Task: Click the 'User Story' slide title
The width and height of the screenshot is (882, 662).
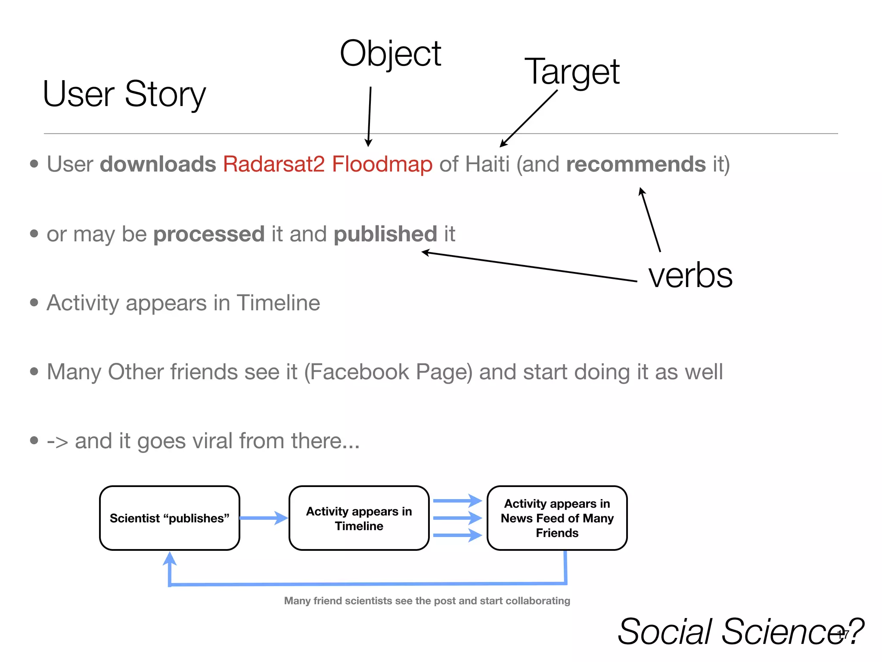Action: [124, 94]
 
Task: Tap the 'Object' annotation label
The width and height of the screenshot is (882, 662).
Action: [390, 54]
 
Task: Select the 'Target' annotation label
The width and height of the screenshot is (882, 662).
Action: [571, 72]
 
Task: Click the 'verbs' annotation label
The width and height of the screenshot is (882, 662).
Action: [690, 275]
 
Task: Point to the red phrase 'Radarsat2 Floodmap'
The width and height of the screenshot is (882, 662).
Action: [327, 164]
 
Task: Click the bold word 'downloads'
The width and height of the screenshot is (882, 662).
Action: [158, 164]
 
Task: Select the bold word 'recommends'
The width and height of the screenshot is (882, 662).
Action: [636, 164]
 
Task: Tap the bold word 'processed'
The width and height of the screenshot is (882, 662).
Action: [209, 234]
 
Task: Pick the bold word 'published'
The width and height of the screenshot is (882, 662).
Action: [385, 234]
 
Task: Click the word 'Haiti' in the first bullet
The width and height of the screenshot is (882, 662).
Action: [488, 164]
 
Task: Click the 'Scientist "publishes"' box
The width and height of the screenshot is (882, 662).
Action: [169, 518]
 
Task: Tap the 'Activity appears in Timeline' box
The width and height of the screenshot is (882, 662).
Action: [359, 518]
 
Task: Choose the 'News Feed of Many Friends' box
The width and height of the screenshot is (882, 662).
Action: [557, 518]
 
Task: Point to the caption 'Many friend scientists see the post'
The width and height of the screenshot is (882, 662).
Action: [426, 601]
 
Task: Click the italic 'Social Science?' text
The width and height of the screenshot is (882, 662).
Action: [740, 632]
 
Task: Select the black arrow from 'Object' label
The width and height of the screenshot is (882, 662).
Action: [370, 116]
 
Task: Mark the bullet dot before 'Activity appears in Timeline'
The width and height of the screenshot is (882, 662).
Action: [34, 303]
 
